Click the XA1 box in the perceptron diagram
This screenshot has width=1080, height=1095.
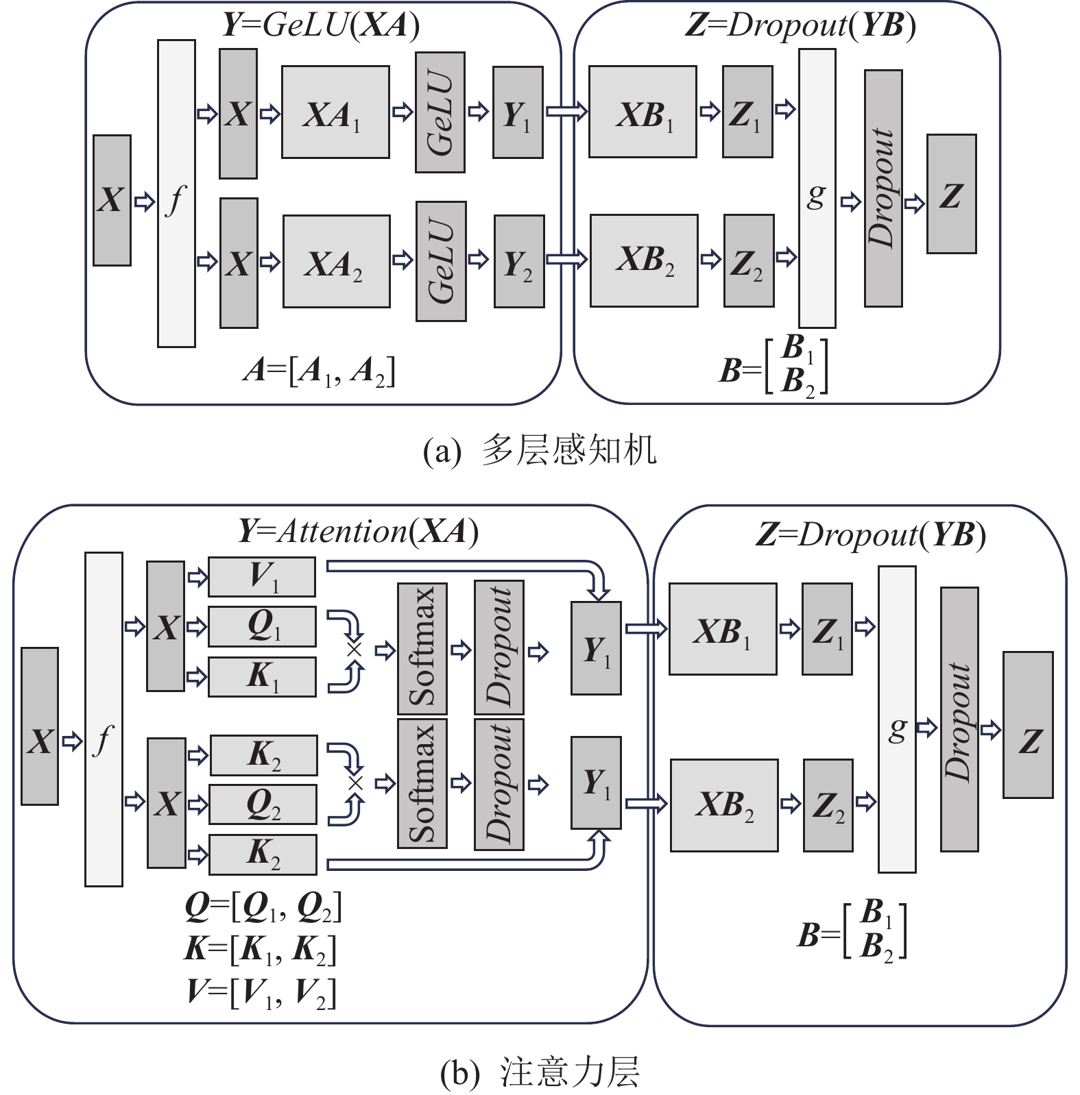pos(335,112)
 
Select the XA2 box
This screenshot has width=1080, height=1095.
pos(336,262)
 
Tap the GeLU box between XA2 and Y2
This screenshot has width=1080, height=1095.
pos(441,261)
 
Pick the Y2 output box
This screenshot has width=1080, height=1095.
pos(519,261)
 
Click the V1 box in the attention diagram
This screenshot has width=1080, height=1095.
pos(262,577)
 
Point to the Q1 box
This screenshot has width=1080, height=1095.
pos(262,626)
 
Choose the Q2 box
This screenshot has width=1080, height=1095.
pos(263,804)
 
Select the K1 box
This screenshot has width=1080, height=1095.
pos(262,676)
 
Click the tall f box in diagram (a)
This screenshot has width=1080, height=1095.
pos(176,193)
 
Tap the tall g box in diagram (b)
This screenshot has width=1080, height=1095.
pos(897,719)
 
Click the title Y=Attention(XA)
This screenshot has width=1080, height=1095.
pos(358,532)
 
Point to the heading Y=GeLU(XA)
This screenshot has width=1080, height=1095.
pos(322,25)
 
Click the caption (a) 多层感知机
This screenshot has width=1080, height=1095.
pos(540,451)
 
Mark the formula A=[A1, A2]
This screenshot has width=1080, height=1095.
pos(319,372)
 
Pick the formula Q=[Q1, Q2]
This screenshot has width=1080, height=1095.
pos(263,907)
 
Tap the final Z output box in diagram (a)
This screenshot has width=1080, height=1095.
pos(951,194)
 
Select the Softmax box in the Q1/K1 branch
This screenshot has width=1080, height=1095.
pos(422,648)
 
